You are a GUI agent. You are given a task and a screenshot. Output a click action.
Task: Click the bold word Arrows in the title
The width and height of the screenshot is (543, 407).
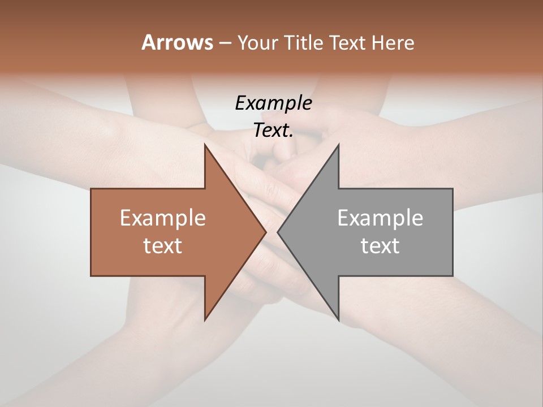[x=177, y=43]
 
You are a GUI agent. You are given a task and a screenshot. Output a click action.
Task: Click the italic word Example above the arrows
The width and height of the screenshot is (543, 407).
[x=273, y=103]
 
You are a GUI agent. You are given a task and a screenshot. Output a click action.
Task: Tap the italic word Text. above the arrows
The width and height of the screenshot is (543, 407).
[x=273, y=131]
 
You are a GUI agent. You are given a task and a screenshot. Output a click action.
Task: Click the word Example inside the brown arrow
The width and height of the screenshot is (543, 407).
[x=163, y=218]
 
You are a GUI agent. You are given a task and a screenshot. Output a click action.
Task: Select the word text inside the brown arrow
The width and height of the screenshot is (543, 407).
[x=163, y=246]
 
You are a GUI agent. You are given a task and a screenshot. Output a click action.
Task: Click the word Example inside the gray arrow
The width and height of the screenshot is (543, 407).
[x=380, y=218]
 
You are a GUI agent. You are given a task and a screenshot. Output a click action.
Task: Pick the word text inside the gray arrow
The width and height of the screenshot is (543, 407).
[x=380, y=246]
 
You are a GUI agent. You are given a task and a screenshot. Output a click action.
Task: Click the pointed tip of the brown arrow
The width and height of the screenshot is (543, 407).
[x=266, y=232]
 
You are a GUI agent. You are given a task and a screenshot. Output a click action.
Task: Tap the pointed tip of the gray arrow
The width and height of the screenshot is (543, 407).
[x=278, y=232]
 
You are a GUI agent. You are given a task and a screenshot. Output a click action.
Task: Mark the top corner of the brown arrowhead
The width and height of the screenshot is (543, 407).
[x=205, y=144]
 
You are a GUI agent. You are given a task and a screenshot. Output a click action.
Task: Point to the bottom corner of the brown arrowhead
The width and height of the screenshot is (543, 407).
[x=205, y=321]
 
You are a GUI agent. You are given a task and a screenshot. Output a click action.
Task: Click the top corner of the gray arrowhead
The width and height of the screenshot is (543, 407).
[x=339, y=144]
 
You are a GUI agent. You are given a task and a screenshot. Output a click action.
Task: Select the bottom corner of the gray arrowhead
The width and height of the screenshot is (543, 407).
[x=339, y=321]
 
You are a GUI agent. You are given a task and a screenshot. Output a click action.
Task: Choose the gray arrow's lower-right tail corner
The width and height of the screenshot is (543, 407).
[x=453, y=276]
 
